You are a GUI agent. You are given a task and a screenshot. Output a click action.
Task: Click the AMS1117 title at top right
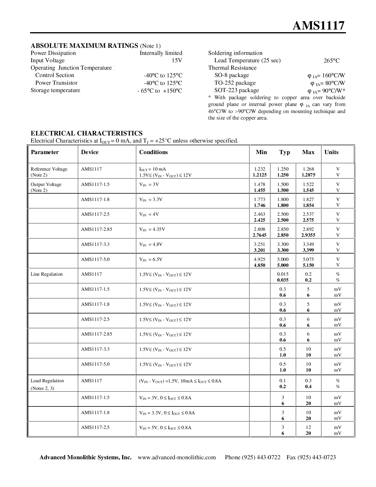(x=318, y=26)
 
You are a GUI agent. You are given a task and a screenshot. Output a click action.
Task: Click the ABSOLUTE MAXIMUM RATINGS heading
(x=84, y=45)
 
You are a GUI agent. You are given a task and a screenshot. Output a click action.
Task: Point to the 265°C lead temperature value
(x=331, y=61)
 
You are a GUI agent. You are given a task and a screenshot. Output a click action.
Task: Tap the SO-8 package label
(x=231, y=75)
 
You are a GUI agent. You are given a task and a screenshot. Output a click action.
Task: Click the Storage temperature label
(x=55, y=90)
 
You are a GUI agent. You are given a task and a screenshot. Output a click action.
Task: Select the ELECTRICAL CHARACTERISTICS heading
(x=86, y=133)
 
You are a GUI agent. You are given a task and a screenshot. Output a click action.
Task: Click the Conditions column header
(x=153, y=152)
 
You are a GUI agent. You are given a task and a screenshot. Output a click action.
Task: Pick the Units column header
(x=331, y=152)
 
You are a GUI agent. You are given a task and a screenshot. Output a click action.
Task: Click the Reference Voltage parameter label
(x=49, y=169)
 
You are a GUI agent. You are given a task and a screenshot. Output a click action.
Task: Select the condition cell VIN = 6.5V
(x=151, y=259)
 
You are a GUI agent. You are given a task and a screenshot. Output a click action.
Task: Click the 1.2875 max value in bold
(x=308, y=175)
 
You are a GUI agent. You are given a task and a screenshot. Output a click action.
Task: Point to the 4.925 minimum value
(x=260, y=259)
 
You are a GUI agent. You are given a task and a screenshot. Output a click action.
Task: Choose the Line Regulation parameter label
(x=47, y=274)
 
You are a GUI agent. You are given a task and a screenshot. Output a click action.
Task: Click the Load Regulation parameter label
(x=47, y=381)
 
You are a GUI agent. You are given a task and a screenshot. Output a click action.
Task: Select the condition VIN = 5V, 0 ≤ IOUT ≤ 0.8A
(x=165, y=428)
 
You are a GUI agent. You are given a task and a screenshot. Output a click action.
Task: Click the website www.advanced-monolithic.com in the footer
(x=177, y=457)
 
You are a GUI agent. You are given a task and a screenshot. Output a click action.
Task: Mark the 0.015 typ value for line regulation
(x=283, y=274)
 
